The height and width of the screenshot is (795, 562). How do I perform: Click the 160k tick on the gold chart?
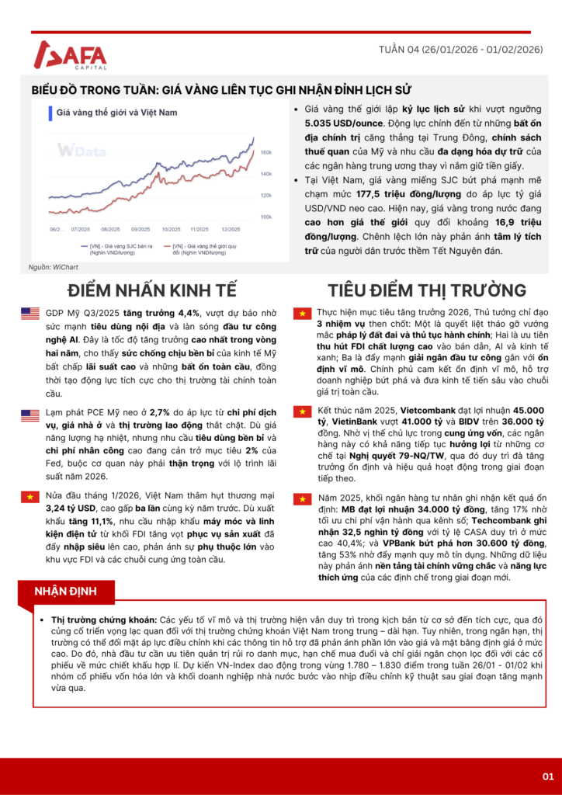coord(265,151)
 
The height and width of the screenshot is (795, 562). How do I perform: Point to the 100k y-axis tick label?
coord(265,216)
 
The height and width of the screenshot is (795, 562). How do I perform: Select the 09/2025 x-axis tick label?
coord(140,230)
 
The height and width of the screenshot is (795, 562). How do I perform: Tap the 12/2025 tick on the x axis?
coord(231,230)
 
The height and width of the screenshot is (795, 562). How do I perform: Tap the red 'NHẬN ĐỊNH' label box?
coord(65,592)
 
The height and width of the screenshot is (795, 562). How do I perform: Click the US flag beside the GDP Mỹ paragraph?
coord(30,314)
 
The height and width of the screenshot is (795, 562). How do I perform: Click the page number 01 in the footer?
coord(547,776)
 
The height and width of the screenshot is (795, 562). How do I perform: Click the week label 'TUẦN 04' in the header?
coord(399,49)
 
